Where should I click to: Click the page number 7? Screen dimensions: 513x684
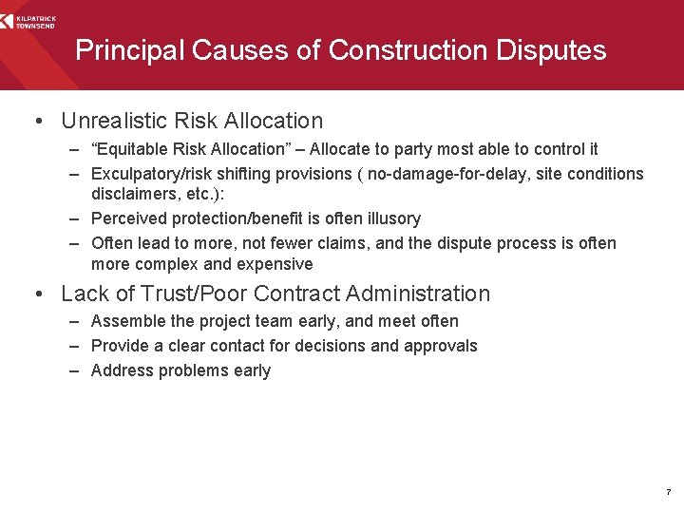(x=668, y=493)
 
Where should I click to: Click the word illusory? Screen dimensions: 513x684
(x=387, y=218)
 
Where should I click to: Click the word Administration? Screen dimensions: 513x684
(x=423, y=294)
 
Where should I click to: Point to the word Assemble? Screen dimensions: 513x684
(x=127, y=321)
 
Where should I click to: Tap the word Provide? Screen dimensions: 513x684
(x=121, y=346)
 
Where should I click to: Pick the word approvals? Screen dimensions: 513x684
(x=441, y=346)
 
